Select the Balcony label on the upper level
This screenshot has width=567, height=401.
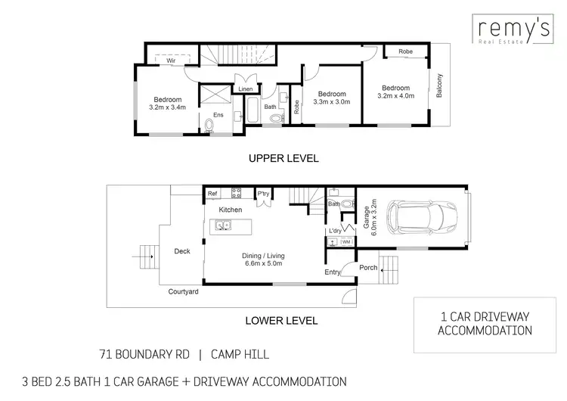pos(440,88)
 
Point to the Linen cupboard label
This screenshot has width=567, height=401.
pos(246,89)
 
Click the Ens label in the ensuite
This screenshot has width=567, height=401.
pos(218,115)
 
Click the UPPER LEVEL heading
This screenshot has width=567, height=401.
pos(283,159)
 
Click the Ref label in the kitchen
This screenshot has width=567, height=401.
pos(213,194)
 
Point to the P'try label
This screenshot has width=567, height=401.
pos(264,194)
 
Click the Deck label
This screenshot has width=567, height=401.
pos(182,252)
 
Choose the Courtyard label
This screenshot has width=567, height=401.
pos(183,291)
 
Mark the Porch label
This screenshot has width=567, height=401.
pos(368,268)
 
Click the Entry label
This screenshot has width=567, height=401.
pos(332,272)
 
